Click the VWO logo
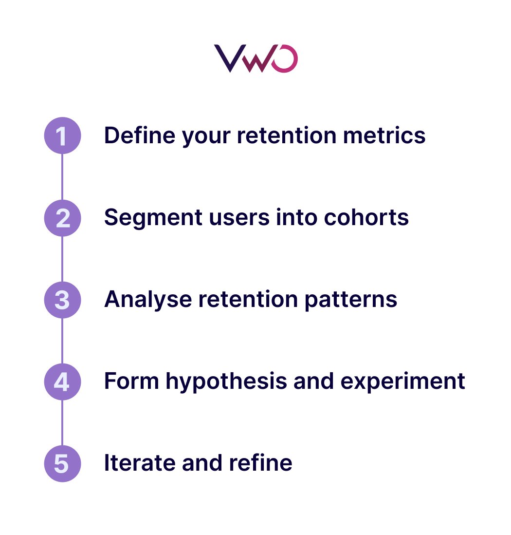tap(255, 59)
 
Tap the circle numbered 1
tap(62, 136)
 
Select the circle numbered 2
tap(62, 218)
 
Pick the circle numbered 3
tap(62, 300)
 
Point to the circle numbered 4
tap(62, 382)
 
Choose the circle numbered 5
tap(62, 463)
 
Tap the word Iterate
tap(139, 463)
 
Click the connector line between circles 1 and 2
tap(62, 177)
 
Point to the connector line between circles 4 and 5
tap(62, 422)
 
